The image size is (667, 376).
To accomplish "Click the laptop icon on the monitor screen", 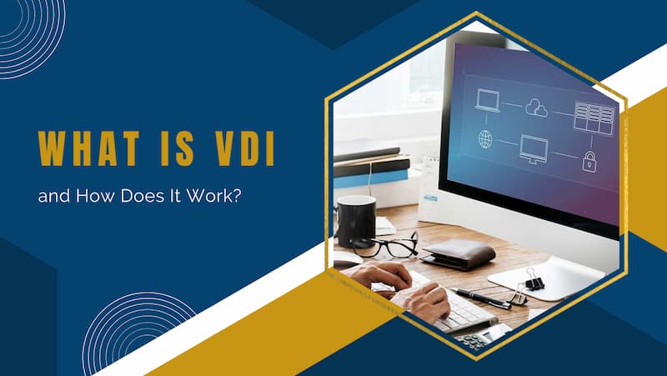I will coord(487,101).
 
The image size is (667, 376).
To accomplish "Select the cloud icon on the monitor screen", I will coord(536,108).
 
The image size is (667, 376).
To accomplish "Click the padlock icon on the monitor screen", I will coord(589,161).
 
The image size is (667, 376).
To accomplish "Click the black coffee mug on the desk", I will coord(356,220).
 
